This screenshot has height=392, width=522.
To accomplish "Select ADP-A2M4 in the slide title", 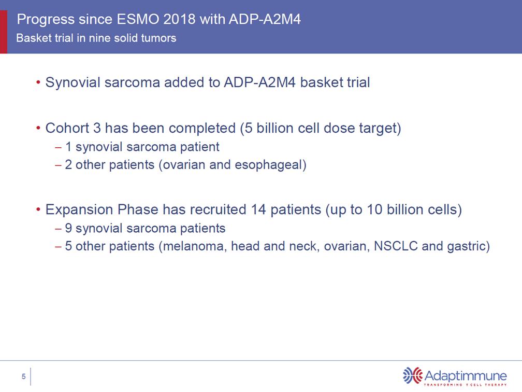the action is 265,19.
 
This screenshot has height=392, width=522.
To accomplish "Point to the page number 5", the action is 24,376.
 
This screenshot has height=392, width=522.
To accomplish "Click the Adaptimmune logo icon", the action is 412,375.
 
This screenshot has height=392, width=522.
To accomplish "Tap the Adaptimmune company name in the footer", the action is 466,375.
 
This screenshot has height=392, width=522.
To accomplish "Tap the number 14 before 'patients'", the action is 258,209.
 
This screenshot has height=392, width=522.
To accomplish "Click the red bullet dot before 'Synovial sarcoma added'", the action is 39,82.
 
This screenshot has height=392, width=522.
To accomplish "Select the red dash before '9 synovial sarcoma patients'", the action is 58,229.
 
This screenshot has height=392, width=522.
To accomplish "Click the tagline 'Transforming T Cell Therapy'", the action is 465,385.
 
